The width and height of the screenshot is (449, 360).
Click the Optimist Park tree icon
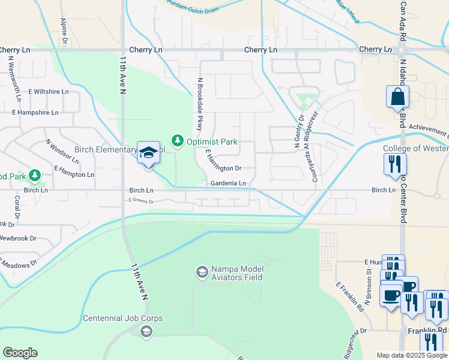pos(177,141)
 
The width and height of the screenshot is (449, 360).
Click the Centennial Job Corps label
pos(122,318)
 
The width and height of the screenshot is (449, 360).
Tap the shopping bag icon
pos(397,97)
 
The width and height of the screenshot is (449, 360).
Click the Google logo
pos(20,353)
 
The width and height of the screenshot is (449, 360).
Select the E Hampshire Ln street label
pos(35,112)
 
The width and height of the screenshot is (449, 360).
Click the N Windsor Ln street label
pos(62,151)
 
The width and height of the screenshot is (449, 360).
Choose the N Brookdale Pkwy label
pos(199,106)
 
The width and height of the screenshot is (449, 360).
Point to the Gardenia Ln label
pos(228,183)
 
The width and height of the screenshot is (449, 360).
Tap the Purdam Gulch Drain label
pos(193,6)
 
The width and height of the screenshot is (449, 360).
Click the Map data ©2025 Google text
pos(412,355)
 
